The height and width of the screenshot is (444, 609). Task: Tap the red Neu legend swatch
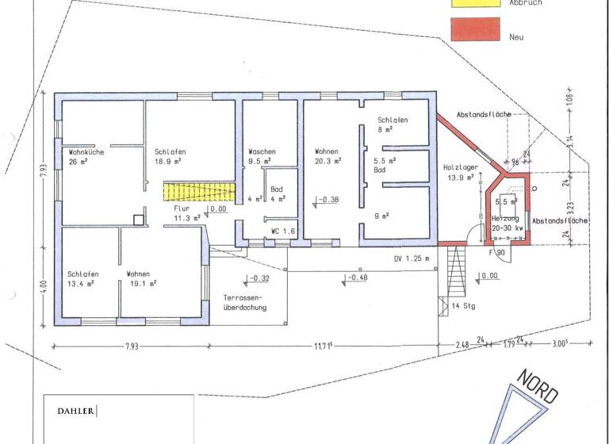476,29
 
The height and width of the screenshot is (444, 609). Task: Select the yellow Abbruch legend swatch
476,2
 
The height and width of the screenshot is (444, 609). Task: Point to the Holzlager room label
459,167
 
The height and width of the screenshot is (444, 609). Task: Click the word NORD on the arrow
538,385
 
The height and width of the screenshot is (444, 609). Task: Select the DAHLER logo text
76,411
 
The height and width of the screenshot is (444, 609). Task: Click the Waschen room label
262,151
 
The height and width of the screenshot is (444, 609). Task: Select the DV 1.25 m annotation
412,258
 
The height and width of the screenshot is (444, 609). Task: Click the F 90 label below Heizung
498,253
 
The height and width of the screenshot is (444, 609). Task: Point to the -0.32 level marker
259,278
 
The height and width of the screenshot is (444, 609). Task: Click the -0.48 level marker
356,277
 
